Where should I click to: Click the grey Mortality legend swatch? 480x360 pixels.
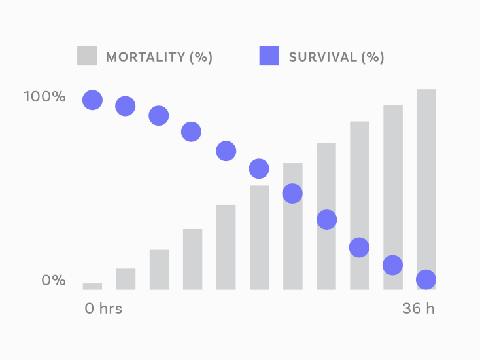87,56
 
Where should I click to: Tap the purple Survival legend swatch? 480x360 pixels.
269,56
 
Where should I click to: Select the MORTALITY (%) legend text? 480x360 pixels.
159,57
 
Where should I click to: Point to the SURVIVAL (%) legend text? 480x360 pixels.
336,57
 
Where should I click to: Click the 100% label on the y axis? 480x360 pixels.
44,97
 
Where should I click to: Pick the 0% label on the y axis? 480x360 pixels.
54,281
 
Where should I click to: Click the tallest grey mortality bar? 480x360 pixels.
426,189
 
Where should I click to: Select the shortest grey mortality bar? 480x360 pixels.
92,286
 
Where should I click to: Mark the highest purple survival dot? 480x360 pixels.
92,100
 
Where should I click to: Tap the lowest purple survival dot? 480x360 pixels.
426,279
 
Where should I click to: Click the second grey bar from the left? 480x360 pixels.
126,279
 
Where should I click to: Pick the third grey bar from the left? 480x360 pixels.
159,269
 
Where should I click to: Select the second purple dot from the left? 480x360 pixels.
125,106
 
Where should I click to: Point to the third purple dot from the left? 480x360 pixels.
158,116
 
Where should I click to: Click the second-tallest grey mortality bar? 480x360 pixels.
393,197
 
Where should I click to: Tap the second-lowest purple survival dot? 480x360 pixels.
392,265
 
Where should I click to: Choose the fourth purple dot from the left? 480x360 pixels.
191,132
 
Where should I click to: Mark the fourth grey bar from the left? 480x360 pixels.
192,259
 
